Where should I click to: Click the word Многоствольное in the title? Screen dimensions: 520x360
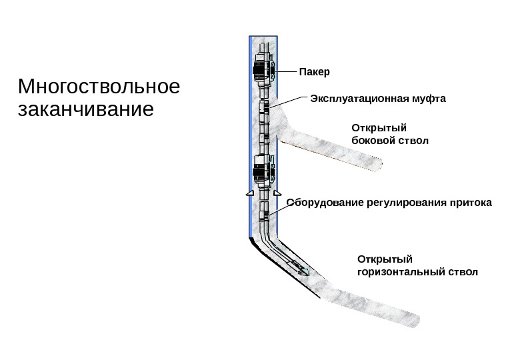[x=100, y=88]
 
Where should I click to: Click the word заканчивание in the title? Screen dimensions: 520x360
[x=87, y=108]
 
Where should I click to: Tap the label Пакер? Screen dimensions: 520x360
[x=315, y=71]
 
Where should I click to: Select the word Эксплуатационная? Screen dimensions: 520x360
[x=350, y=99]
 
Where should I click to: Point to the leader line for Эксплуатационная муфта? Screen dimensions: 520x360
[x=288, y=101]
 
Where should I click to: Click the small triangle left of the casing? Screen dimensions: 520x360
[x=248, y=193]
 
